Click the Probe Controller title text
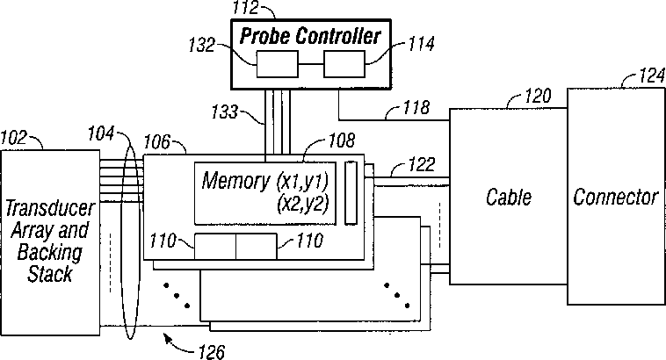pos(310,36)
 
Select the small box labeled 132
pos(278,64)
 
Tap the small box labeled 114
pos(344,64)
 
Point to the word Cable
pos(509,198)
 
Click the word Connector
pos(615,198)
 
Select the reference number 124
pos(652,76)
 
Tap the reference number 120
pos(538,96)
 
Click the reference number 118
pos(416,107)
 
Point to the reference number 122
pos(422,165)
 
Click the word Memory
pos(235,180)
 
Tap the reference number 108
pos(341,140)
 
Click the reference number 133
pos(225,112)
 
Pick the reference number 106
pos(156,142)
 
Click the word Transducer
pos(50,208)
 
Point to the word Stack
pos(50,274)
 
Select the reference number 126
pos(212,352)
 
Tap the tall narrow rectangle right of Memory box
pos(351,192)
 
